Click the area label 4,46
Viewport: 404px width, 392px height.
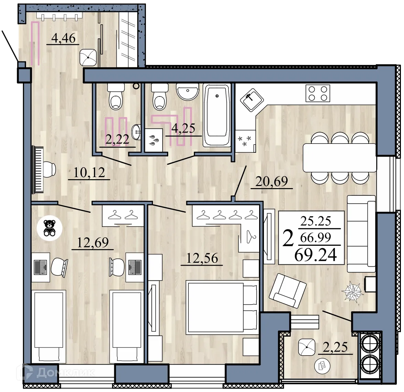pyautogui.click(x=63, y=38)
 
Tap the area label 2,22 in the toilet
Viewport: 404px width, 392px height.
pyautogui.click(x=117, y=139)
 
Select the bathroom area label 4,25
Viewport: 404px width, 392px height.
pyautogui.click(x=183, y=128)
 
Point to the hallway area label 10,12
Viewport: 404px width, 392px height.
pyautogui.click(x=89, y=172)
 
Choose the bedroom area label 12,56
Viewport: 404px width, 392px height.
pyautogui.click(x=202, y=258)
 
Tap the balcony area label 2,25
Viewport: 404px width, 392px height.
pyautogui.click(x=336, y=347)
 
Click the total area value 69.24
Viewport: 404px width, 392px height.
pyautogui.click(x=315, y=255)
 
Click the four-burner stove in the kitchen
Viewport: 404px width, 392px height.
pyautogui.click(x=318, y=93)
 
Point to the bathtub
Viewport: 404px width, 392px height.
pyautogui.click(x=217, y=115)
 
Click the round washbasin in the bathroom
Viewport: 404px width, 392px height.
pyautogui.click(x=187, y=92)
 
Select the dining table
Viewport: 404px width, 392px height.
pyautogui.click(x=339, y=158)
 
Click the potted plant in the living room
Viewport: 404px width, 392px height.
pyautogui.click(x=352, y=291)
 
